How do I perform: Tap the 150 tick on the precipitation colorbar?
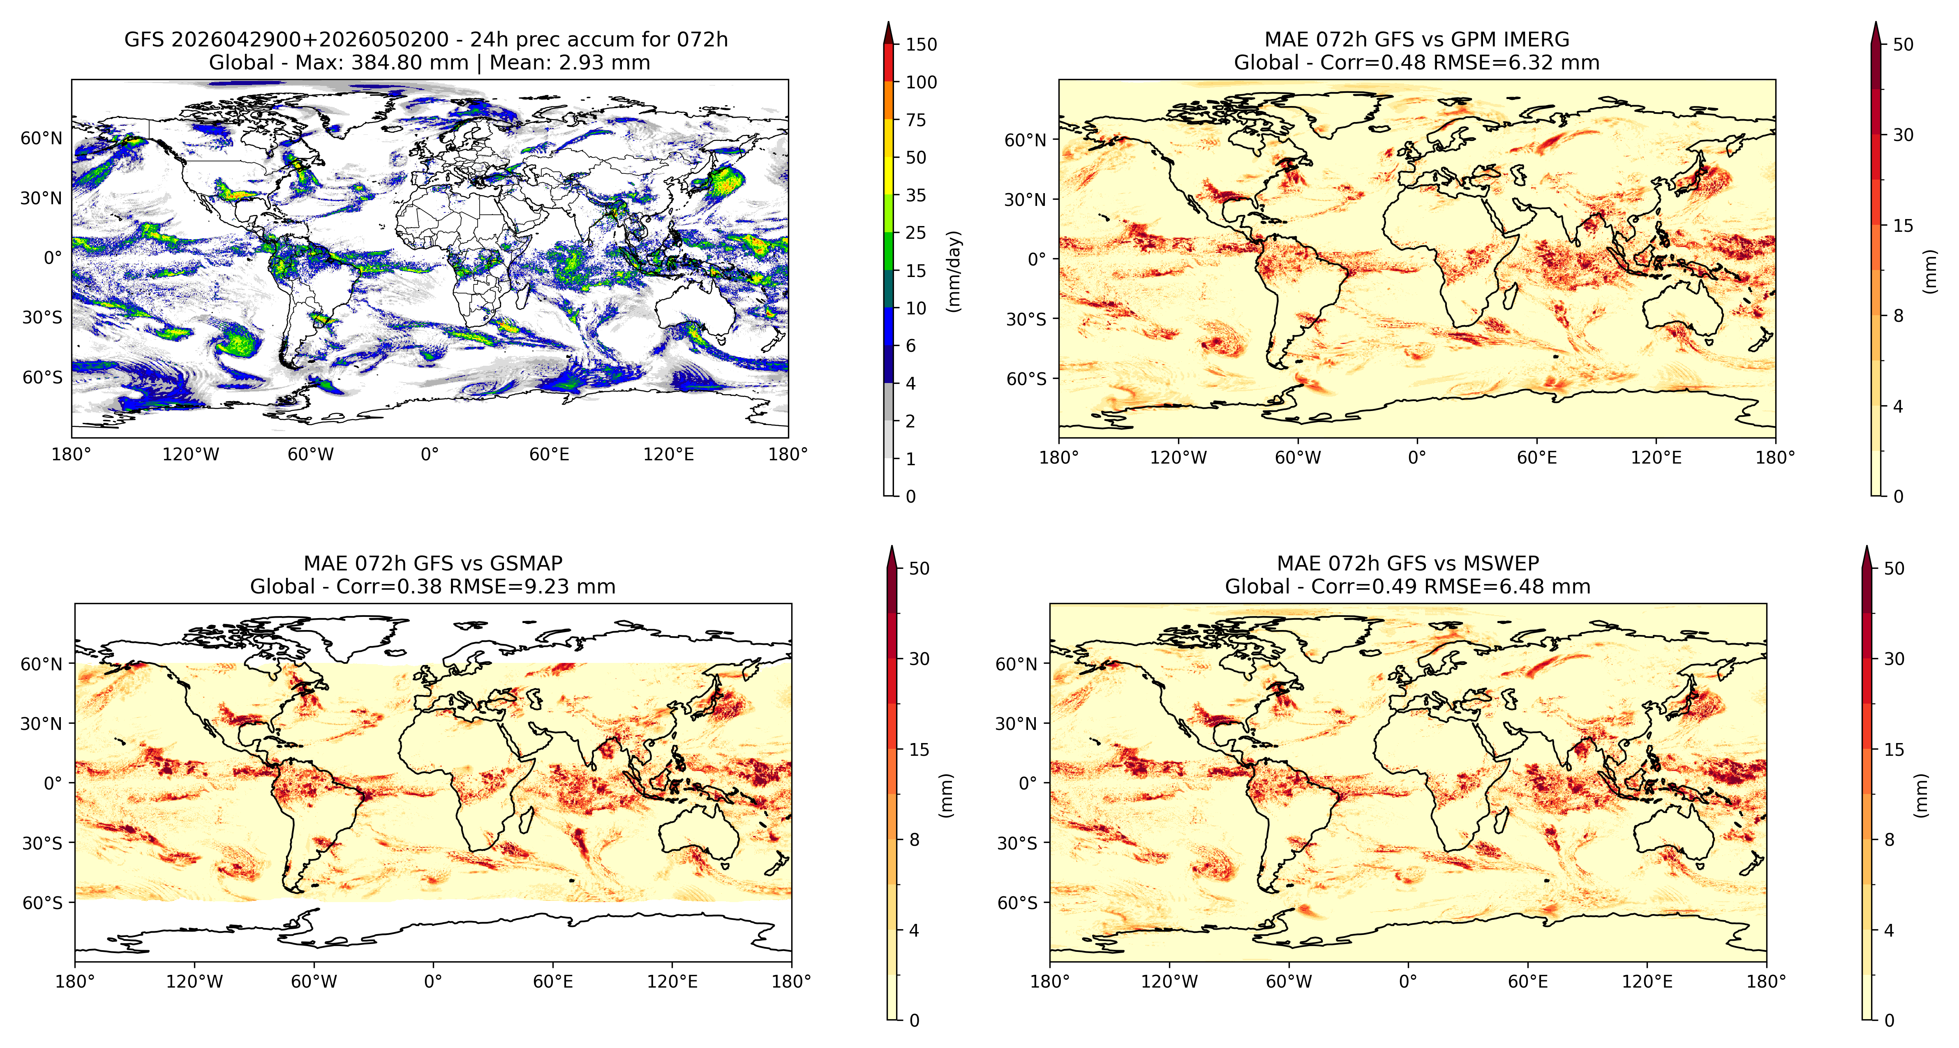click(921, 44)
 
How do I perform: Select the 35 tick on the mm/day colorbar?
click(916, 196)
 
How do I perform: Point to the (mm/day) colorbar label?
click(954, 271)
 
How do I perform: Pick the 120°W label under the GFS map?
click(191, 455)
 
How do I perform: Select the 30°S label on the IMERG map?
click(1027, 319)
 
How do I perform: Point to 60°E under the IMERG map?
click(1537, 458)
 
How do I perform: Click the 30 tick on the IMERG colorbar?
click(1903, 135)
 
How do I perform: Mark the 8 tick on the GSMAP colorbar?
click(914, 840)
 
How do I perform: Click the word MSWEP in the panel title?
click(1500, 563)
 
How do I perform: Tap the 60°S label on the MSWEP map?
click(1018, 903)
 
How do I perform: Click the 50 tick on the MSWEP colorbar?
click(1894, 568)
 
